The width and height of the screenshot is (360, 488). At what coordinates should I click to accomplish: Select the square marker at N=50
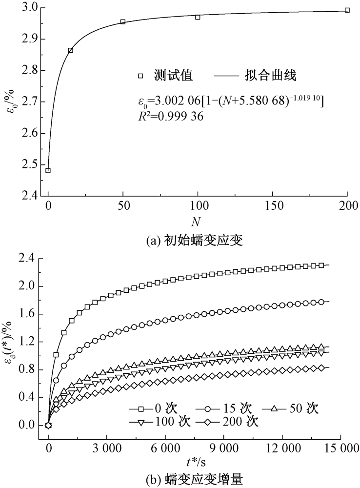pos(123,22)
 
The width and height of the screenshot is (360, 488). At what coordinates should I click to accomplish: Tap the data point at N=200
pos(347,10)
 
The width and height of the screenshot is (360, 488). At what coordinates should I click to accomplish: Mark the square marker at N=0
pos(48,170)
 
